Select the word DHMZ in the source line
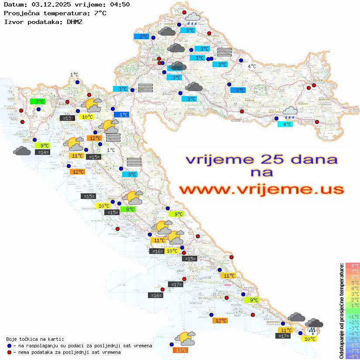click(74, 21)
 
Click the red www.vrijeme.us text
click(261, 189)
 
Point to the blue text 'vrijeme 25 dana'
click(261, 159)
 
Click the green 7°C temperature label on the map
click(38, 102)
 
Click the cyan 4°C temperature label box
click(285, 124)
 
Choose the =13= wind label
click(67, 118)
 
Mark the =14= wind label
click(43, 152)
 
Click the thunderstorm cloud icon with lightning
click(314, 326)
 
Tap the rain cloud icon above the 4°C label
click(290, 113)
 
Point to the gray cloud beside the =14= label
click(22, 151)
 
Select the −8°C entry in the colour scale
click(353, 356)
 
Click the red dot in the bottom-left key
click(10, 352)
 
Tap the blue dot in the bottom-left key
click(10, 346)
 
